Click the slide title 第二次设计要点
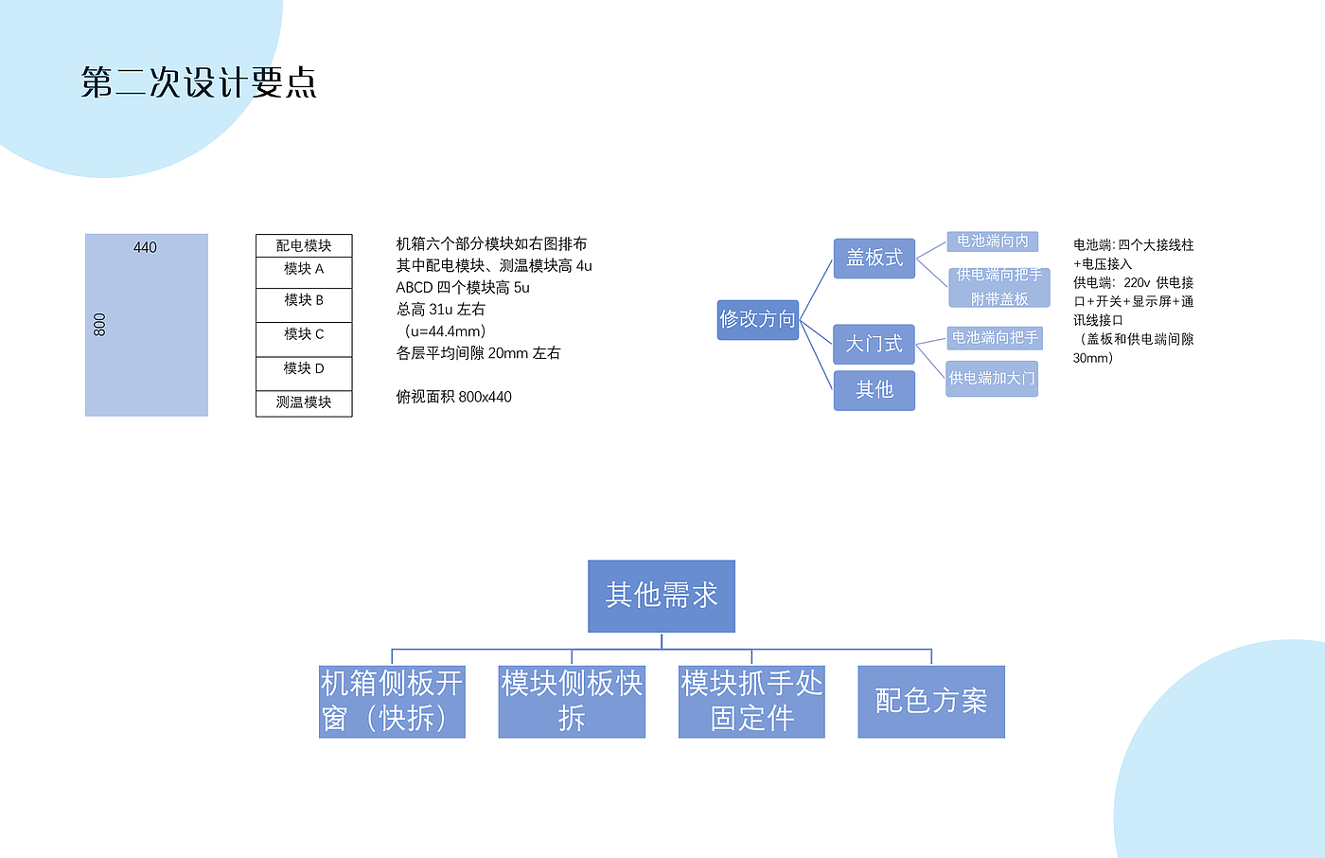(x=199, y=83)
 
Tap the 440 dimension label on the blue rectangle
(x=145, y=247)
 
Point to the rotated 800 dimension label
(x=99, y=325)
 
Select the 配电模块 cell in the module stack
(x=304, y=245)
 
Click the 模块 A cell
(x=304, y=270)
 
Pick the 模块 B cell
(x=304, y=302)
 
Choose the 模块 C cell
(x=304, y=336)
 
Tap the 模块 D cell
(x=304, y=370)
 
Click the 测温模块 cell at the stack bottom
(x=304, y=402)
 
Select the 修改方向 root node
(x=757, y=319)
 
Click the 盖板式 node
(x=874, y=258)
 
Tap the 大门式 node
(x=874, y=344)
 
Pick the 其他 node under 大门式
(x=874, y=390)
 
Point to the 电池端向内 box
(x=992, y=241)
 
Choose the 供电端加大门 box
(x=992, y=378)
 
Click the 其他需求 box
(x=662, y=596)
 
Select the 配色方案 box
(x=931, y=701)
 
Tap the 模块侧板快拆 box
(x=572, y=701)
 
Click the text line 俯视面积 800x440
(x=453, y=397)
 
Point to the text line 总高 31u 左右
(x=440, y=310)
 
